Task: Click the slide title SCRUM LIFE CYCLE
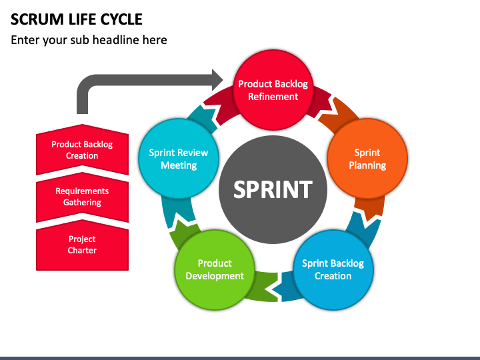pos(77,19)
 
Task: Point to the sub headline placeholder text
pos(89,40)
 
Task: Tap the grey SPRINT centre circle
pos(273,189)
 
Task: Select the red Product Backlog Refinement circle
pos(273,90)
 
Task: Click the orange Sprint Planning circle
pos(367,159)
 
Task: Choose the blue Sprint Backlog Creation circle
pos(333,270)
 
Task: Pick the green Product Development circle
pos(215,270)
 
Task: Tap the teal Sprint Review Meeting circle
pos(179,159)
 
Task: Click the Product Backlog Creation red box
pos(82,150)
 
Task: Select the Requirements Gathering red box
pos(82,197)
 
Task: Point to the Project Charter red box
pos(82,245)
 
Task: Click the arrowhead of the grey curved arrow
pos(217,80)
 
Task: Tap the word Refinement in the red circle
pos(273,97)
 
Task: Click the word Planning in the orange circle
pos(367,165)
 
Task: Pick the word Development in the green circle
pos(215,276)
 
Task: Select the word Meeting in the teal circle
pos(179,165)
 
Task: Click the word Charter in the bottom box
pos(82,251)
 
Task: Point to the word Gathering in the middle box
pos(82,203)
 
